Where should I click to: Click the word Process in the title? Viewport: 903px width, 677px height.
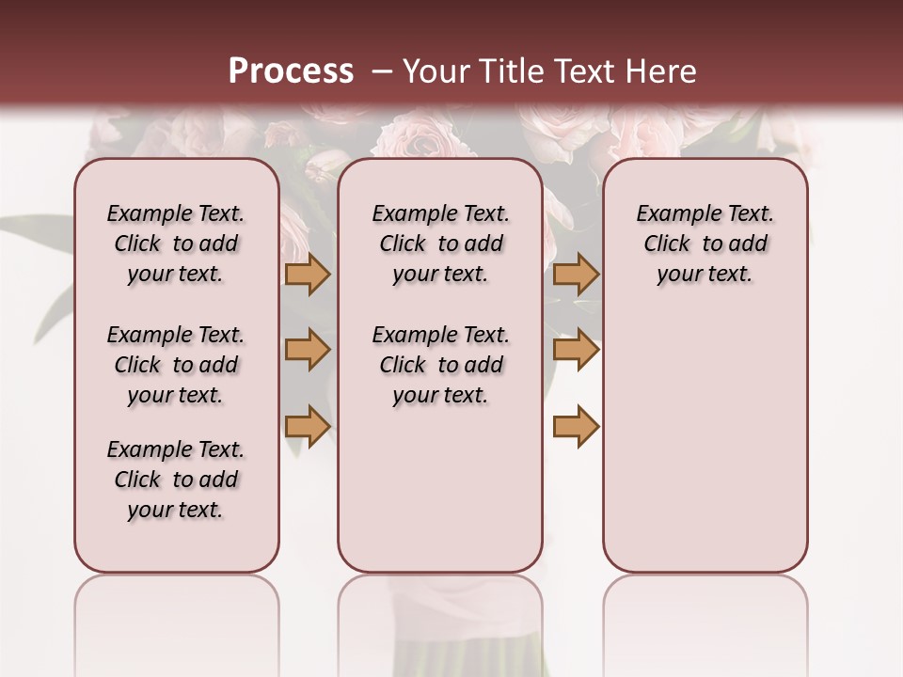tap(291, 71)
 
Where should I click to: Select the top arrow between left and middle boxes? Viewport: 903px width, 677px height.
tap(307, 274)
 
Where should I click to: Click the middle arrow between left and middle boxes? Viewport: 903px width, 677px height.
tap(307, 350)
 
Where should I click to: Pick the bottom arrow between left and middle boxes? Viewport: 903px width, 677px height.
tap(307, 426)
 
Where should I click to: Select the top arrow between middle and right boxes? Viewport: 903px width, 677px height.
tap(576, 274)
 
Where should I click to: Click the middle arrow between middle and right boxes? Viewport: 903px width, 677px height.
tap(576, 350)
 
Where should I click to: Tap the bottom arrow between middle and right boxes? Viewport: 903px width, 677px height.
tap(576, 426)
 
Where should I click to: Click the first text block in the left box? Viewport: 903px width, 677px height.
tap(176, 244)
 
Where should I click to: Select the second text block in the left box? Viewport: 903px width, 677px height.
tap(176, 365)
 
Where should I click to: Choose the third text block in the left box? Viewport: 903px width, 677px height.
tap(176, 480)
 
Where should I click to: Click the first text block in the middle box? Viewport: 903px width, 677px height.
tap(440, 244)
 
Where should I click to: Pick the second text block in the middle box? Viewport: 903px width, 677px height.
tap(440, 365)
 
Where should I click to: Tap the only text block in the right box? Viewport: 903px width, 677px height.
tap(705, 244)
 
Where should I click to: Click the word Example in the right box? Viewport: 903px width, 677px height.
tap(673, 214)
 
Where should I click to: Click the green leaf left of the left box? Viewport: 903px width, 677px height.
tap(38, 229)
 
